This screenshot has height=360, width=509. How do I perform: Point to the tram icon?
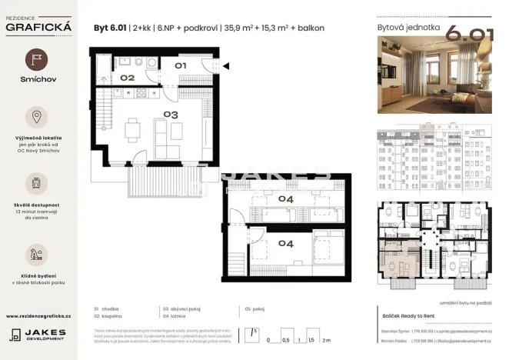click(x=38, y=183)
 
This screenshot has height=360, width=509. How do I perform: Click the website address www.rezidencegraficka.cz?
click(x=38, y=316)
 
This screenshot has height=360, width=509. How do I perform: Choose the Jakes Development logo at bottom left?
click(x=38, y=335)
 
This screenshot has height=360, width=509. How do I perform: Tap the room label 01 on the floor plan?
click(x=180, y=66)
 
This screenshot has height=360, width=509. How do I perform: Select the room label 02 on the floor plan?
click(x=127, y=78)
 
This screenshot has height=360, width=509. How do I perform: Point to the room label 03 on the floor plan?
click(x=170, y=115)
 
